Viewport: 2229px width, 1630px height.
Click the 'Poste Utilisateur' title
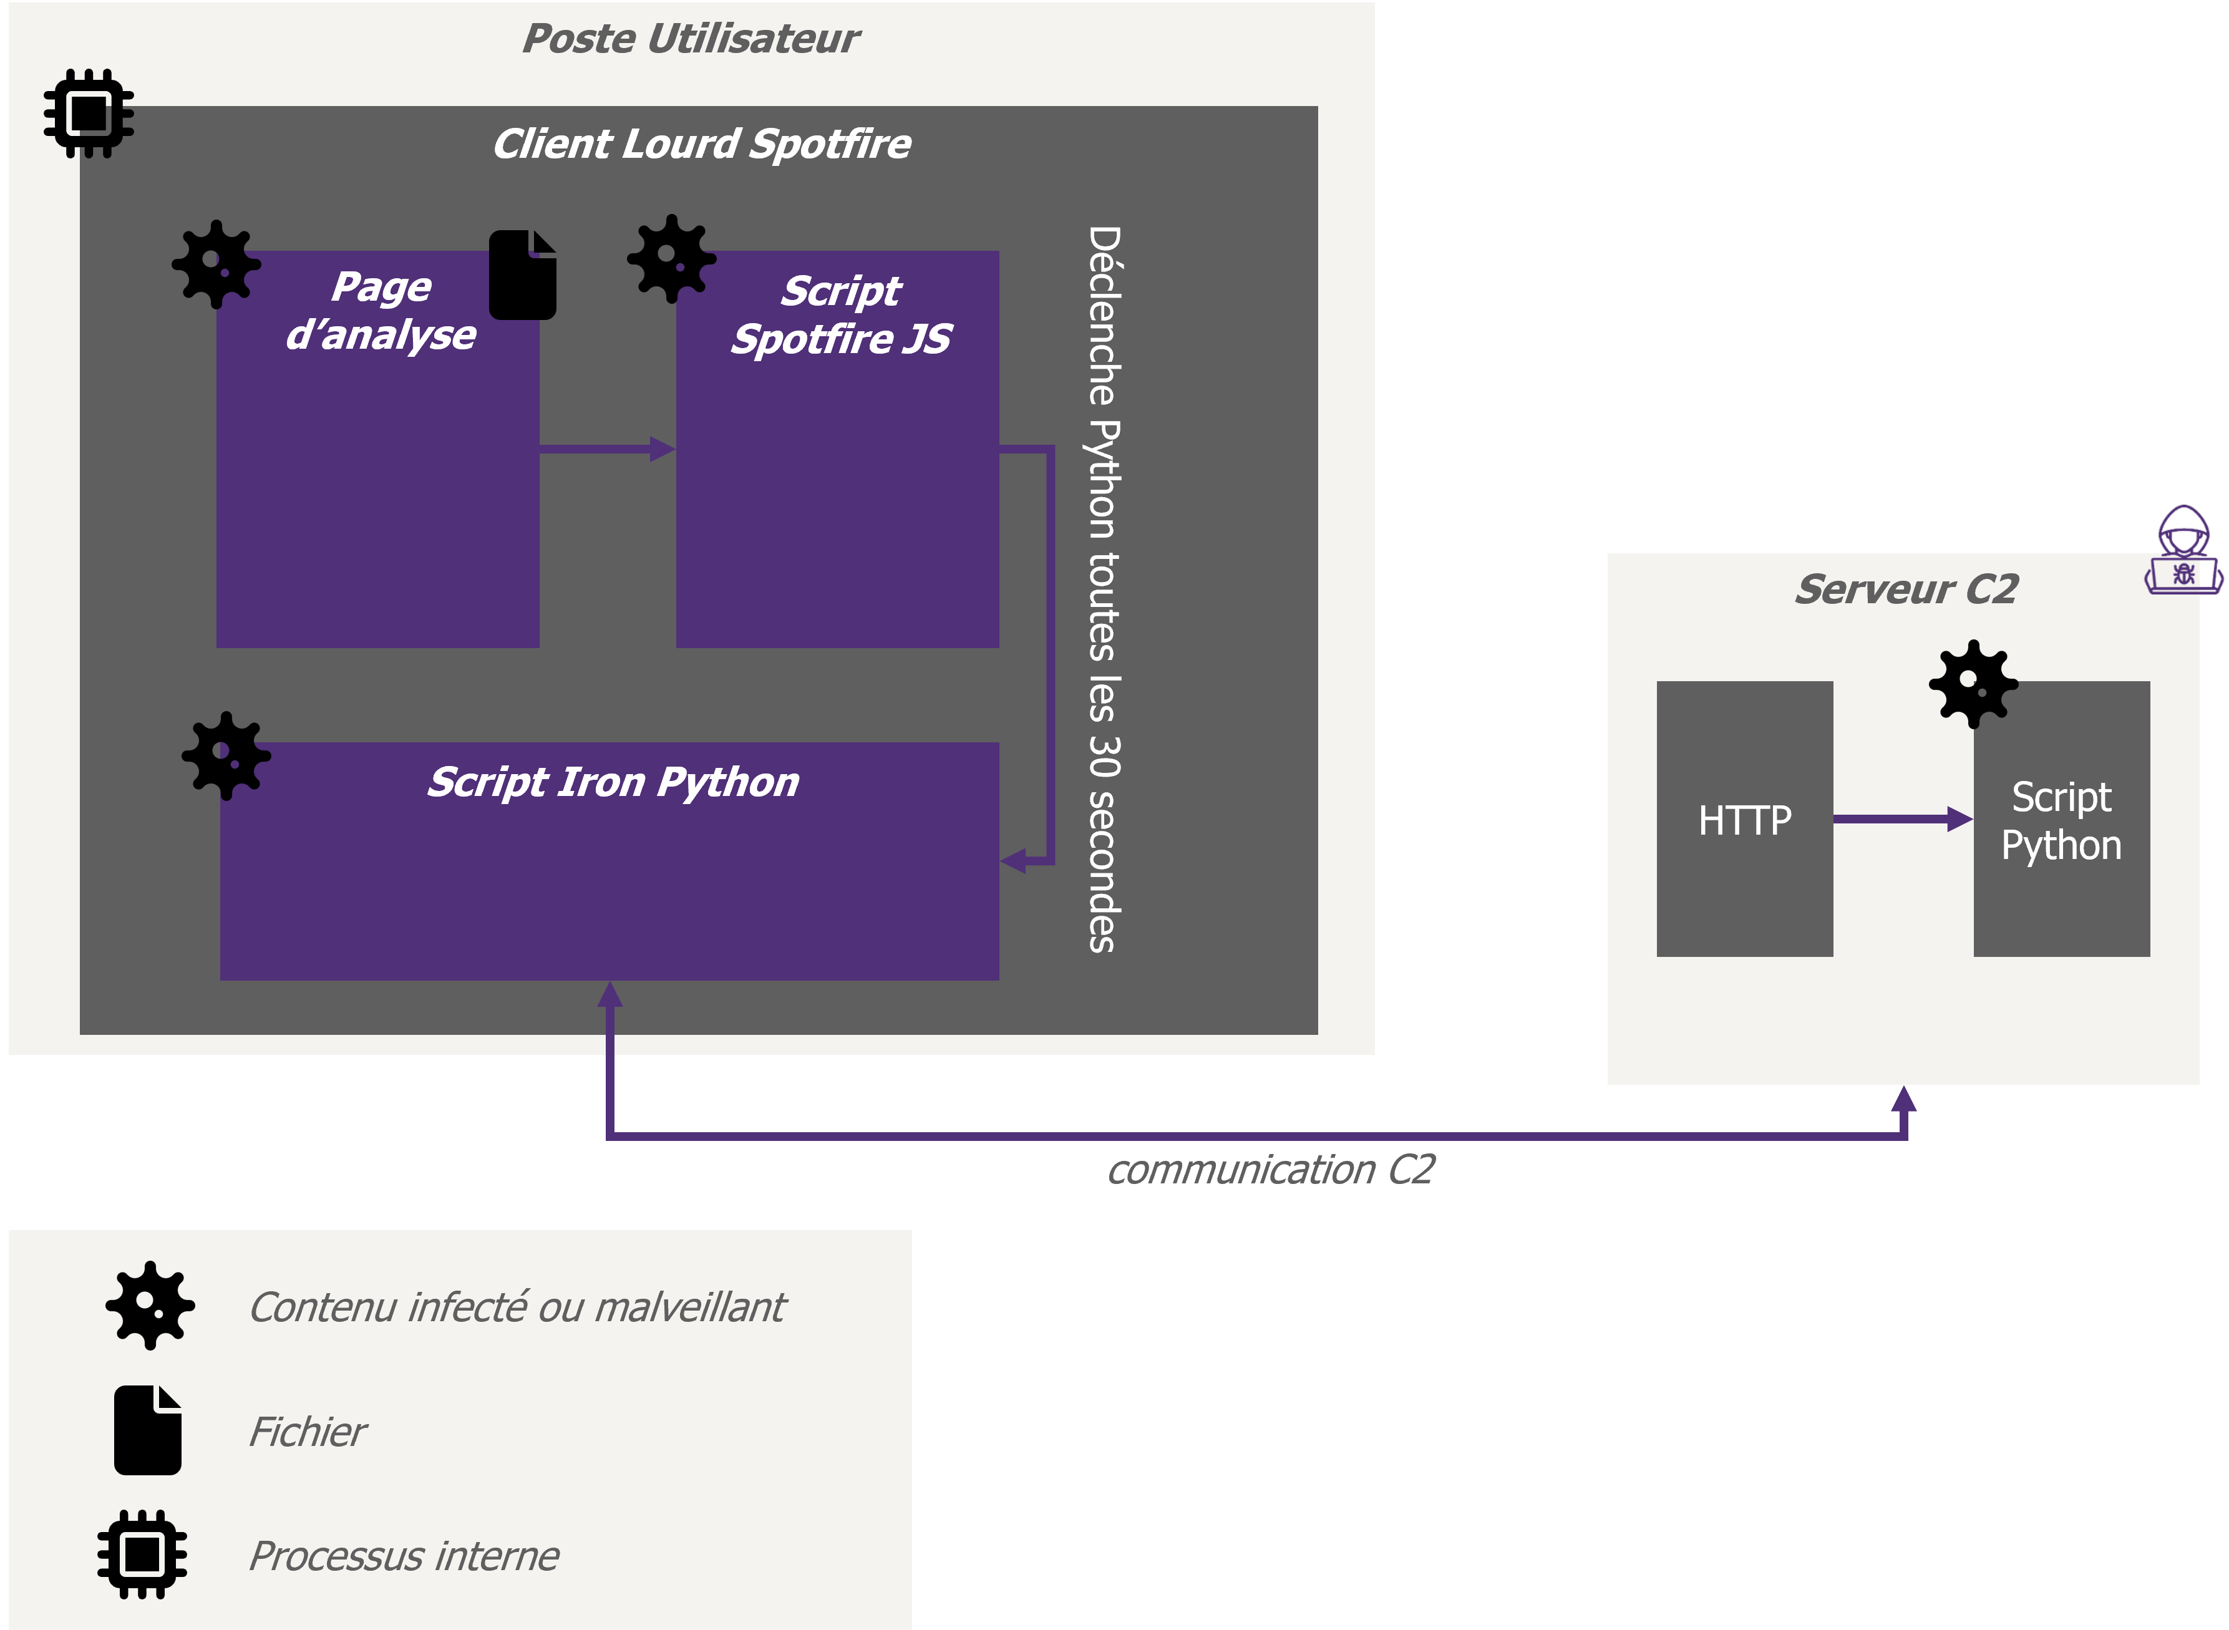(691, 39)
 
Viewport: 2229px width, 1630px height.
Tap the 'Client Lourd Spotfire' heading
(702, 144)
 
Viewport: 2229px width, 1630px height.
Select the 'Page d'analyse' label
(381, 311)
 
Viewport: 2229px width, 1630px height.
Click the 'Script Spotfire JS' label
(841, 315)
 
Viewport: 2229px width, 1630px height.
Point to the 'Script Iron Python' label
(613, 782)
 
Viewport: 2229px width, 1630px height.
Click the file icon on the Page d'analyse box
(523, 274)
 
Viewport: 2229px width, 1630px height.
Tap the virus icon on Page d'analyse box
(216, 264)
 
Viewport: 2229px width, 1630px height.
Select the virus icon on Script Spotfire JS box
(672, 258)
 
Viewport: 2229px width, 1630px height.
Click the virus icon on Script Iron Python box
(226, 756)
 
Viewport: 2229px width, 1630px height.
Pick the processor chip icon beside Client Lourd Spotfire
(89, 114)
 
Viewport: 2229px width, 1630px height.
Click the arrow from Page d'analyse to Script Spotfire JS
(608, 450)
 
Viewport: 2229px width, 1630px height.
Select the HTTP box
(1744, 819)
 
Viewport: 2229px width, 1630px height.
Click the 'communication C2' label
(1271, 1170)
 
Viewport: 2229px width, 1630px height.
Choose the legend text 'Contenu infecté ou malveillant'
(517, 1308)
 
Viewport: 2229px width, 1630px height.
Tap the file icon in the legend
(148, 1430)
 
